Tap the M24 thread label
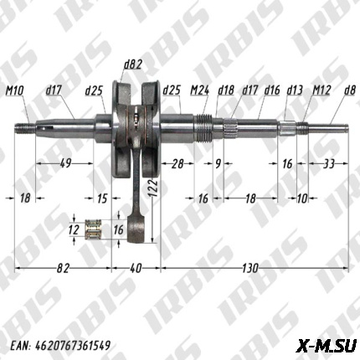[x=199, y=90]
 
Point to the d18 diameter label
[x=225, y=90]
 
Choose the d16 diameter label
[x=271, y=90]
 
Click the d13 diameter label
[x=294, y=90]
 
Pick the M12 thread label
[x=321, y=90]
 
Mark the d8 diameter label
[x=350, y=90]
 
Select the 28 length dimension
[x=177, y=163]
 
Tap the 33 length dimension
[x=328, y=163]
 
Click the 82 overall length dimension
[x=63, y=268]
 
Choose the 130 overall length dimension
[x=249, y=268]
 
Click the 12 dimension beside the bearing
[x=74, y=229]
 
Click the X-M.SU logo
[x=327, y=342]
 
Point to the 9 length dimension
[x=218, y=163]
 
